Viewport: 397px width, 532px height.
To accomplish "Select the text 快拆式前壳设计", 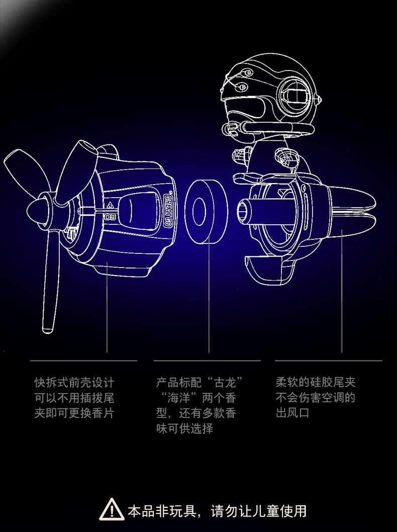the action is [x=74, y=382].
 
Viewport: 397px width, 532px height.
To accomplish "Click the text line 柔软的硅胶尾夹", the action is [x=316, y=382].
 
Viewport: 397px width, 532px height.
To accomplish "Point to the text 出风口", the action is [x=292, y=413].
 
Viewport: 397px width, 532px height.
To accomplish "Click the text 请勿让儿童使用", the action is [x=259, y=511].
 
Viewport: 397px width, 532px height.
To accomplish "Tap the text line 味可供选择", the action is [x=185, y=429].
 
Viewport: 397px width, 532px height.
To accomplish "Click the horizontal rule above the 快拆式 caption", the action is [x=83, y=361].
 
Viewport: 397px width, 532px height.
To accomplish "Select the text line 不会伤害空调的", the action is [x=316, y=398].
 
